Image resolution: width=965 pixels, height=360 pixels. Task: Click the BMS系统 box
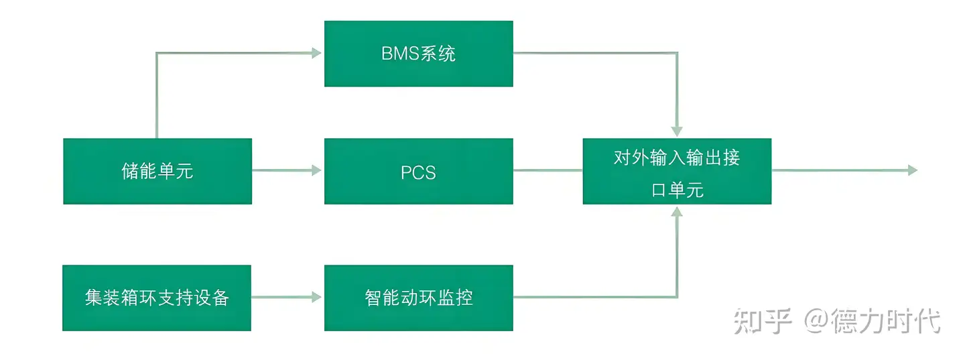pos(418,54)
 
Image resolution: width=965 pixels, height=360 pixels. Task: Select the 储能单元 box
pos(157,171)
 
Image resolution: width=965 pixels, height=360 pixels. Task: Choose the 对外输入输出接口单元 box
pos(677,171)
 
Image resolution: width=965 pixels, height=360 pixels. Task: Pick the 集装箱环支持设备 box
pos(157,298)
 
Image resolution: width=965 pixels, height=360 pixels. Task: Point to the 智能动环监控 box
pos(418,298)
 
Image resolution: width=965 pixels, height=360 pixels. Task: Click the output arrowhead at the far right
pos(912,170)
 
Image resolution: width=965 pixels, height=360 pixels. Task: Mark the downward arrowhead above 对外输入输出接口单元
pos(677,131)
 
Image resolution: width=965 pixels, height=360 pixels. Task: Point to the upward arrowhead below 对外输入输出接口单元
pos(677,212)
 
